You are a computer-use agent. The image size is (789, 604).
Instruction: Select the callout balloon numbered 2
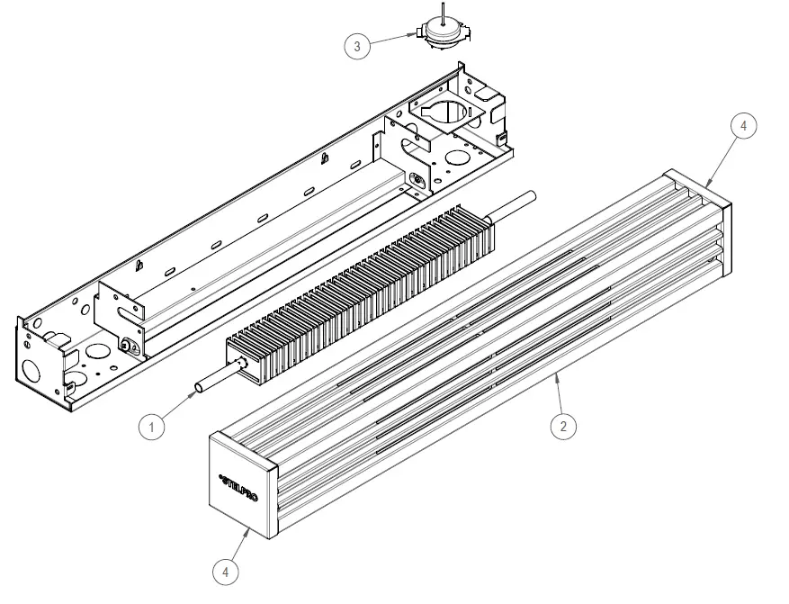tap(563, 426)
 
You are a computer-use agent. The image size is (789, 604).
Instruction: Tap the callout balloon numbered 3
tap(357, 47)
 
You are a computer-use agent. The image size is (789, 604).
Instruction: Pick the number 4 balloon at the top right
tap(743, 126)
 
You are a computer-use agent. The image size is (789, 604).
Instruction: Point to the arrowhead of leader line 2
tap(554, 375)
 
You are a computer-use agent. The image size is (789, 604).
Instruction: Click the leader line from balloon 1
tap(178, 408)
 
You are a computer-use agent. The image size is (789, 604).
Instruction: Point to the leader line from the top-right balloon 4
tap(725, 155)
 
